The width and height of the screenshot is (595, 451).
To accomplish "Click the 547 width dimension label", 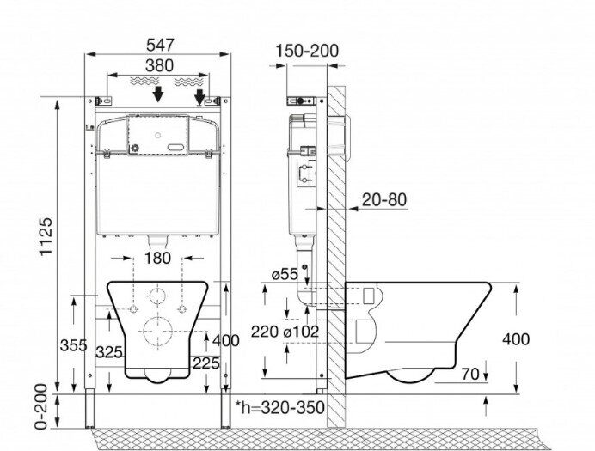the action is (160, 45).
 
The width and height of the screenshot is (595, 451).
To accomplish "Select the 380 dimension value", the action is (159, 65).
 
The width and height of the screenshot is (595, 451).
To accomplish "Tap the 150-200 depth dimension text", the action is (307, 51).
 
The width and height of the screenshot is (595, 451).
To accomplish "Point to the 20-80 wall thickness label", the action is (384, 199).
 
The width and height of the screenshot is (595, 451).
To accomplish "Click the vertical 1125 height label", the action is (46, 236).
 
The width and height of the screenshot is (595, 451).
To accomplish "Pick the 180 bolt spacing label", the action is (157, 258).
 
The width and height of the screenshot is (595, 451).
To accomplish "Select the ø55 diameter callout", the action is (285, 274).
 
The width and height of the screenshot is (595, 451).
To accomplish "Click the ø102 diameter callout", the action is (301, 332).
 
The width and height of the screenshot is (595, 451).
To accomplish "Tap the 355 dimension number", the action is (74, 345).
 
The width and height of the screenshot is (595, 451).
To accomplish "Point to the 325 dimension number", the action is (109, 352).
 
